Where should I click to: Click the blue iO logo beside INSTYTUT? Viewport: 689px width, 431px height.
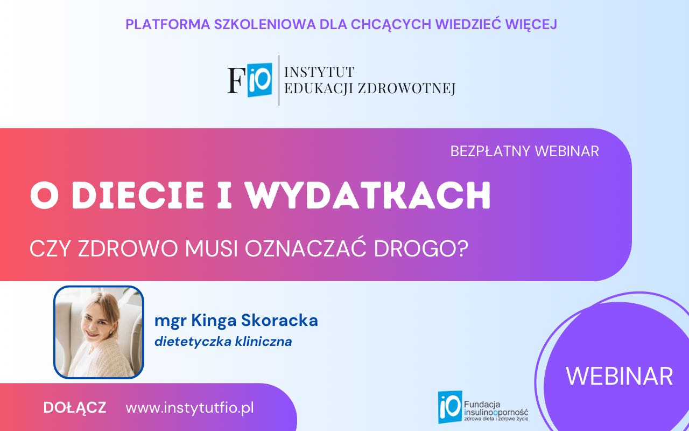point(259,80)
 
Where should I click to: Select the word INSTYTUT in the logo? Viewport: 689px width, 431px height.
point(319,72)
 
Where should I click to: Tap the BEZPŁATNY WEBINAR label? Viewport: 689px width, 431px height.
point(524,151)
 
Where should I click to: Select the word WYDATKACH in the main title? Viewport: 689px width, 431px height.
point(369,196)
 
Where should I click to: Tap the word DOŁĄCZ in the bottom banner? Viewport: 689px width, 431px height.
point(75,408)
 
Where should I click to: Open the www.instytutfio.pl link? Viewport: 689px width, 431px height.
point(189,408)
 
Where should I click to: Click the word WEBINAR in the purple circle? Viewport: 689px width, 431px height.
point(619,376)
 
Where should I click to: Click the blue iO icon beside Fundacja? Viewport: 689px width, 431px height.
point(449,407)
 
